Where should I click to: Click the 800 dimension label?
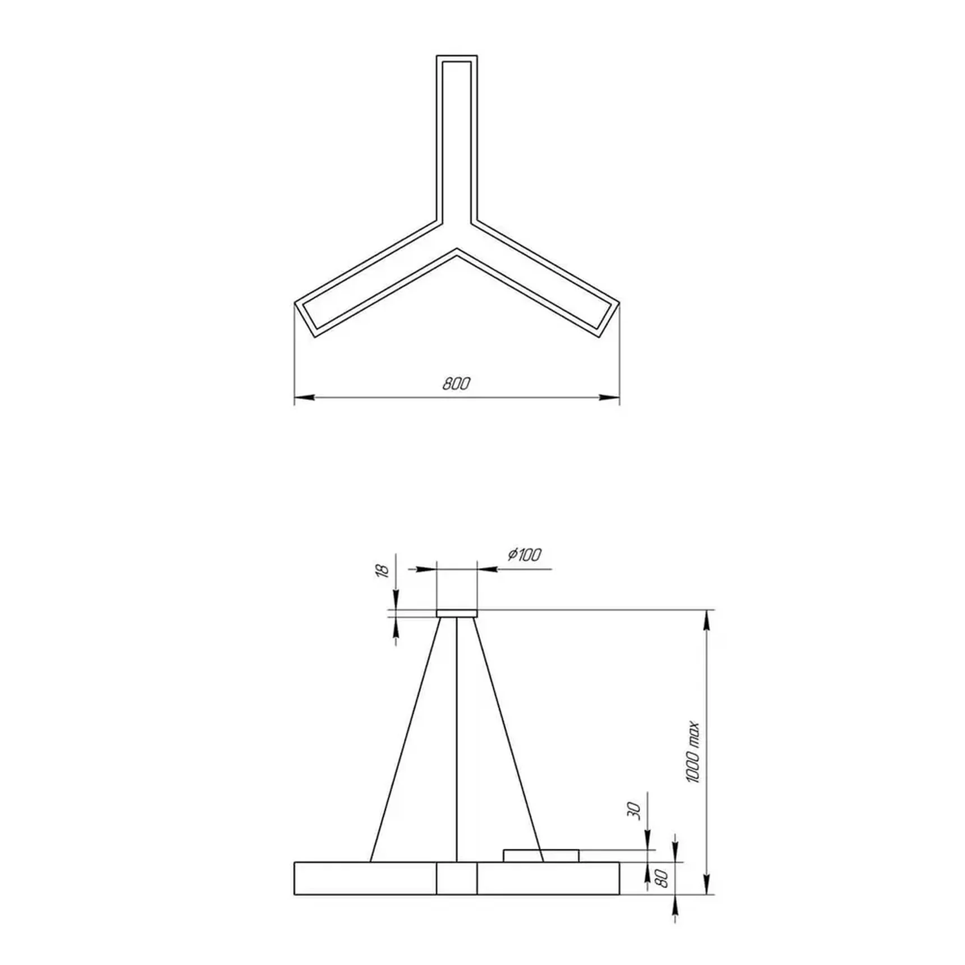[x=456, y=384]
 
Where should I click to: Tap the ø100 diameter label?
[x=525, y=555]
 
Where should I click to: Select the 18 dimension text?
[x=382, y=571]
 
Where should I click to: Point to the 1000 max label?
[x=693, y=752]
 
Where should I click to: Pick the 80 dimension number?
[x=663, y=878]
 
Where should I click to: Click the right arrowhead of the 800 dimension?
[x=610, y=397]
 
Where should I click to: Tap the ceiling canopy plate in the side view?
[x=457, y=613]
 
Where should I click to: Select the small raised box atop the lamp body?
[x=541, y=856]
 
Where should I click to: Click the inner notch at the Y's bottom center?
[x=457, y=251]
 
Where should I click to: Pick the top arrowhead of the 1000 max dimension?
[x=707, y=617]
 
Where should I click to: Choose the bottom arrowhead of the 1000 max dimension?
[x=707, y=887]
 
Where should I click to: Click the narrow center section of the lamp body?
[x=457, y=878]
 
